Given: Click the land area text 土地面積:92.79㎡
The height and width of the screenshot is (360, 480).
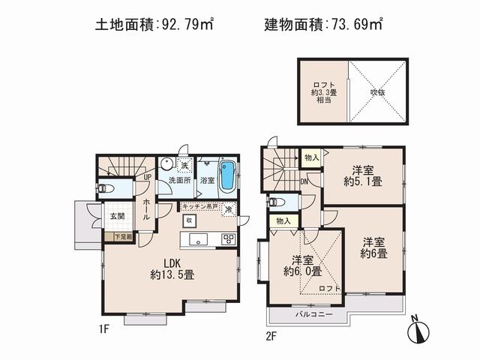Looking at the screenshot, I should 154,25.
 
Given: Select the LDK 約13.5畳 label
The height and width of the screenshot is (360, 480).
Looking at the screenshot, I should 173,269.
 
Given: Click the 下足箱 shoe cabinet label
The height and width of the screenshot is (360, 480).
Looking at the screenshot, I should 123,236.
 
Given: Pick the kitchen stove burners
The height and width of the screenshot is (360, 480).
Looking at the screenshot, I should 229,240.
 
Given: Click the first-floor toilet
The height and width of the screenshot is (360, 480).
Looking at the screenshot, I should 106,189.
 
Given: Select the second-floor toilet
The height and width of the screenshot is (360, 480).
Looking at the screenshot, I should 274,201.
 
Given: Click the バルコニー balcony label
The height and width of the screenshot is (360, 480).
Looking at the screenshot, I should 313,315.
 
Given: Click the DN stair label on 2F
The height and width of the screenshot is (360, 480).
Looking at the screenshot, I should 304,180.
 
